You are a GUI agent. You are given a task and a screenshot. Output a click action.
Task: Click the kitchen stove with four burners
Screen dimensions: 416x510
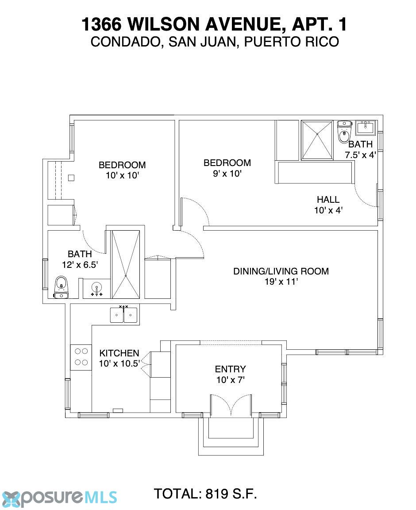coord(81,357)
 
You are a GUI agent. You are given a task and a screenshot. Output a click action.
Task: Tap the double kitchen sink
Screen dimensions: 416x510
coord(123,315)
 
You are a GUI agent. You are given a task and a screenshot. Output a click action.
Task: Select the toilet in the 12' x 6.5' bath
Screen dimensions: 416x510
coord(61,287)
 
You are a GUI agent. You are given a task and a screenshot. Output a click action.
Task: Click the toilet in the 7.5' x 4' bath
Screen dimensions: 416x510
coord(344,132)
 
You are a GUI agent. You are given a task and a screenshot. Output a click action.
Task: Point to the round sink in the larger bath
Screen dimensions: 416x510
coord(96,289)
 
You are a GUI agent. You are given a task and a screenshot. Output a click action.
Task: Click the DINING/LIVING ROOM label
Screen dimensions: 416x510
coord(281,271)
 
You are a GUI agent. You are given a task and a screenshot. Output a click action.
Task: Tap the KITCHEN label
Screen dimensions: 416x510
coord(119,353)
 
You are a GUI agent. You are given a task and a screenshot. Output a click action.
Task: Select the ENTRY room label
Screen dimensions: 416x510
coord(230,369)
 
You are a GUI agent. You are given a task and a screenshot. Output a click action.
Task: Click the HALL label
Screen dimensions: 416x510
coord(328,199)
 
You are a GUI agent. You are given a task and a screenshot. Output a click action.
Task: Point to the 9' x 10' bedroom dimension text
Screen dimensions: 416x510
coord(227,174)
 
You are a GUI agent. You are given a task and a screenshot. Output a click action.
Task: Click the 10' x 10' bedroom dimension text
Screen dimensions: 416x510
coord(122,175)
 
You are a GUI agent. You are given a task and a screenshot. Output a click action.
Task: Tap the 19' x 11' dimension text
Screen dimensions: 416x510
coord(281,282)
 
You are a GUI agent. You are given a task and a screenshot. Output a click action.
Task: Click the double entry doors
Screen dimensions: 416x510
coord(231,406)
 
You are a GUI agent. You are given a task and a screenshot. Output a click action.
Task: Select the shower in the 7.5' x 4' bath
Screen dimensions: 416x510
coord(317,140)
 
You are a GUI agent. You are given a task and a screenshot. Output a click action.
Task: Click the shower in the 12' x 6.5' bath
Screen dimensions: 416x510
coord(126,264)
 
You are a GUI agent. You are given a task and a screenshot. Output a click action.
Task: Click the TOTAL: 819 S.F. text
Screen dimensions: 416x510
coord(205,494)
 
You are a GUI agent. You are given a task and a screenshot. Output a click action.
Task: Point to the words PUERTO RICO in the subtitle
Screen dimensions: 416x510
coord(292,42)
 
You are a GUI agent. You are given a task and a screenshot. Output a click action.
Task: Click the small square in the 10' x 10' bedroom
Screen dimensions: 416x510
coord(71,178)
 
